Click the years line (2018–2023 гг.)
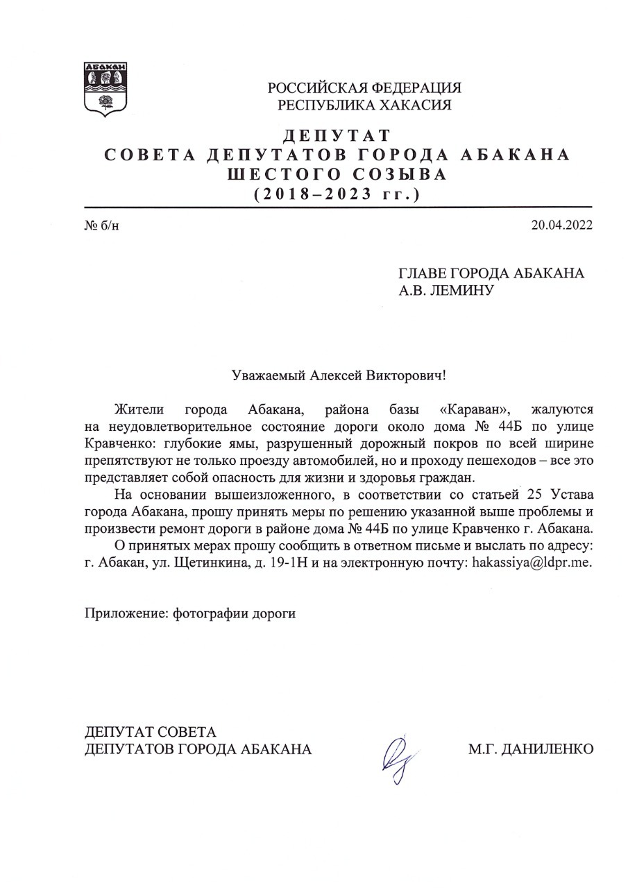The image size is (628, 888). [337, 194]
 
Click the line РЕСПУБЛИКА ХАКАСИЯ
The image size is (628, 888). [364, 105]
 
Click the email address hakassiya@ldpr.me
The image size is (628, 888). [532, 563]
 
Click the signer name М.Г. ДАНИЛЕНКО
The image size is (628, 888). [531, 749]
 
